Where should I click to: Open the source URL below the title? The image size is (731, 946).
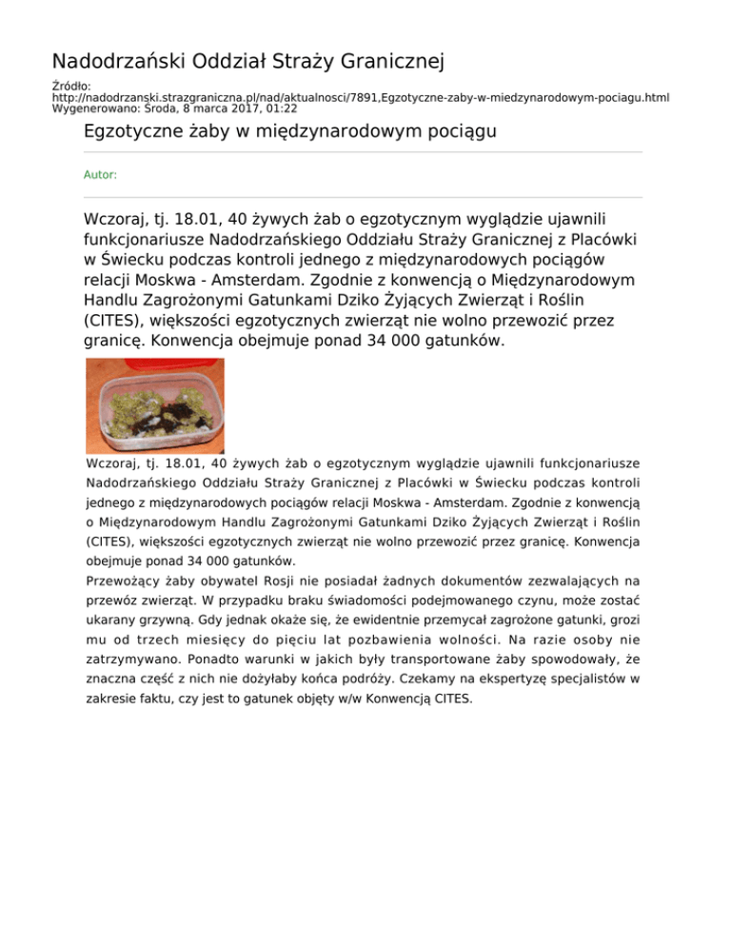(x=362, y=98)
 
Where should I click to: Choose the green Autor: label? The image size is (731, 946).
(x=101, y=175)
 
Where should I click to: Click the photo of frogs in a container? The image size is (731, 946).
(x=155, y=405)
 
